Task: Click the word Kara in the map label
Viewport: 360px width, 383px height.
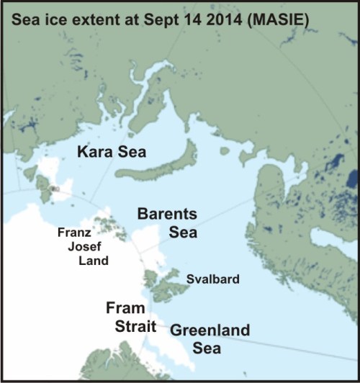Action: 98,152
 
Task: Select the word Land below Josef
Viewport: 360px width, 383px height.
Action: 94,261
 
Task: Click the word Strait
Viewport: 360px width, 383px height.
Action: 135,326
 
